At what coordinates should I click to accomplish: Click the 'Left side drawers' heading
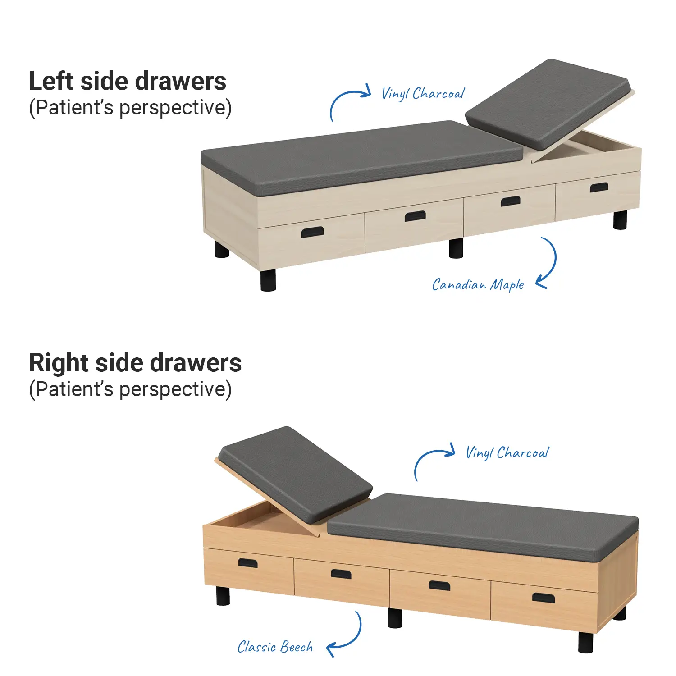(128, 81)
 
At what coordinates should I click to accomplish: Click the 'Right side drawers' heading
(135, 363)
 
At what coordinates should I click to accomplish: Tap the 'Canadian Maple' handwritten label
(478, 285)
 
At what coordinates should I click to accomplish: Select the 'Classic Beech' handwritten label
(275, 647)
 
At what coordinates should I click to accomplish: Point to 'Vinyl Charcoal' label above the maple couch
(423, 94)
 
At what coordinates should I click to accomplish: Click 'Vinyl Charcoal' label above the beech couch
(507, 452)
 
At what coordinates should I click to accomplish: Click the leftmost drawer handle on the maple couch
(312, 232)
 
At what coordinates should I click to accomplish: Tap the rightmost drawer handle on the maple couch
(599, 187)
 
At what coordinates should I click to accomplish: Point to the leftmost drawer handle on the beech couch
(248, 563)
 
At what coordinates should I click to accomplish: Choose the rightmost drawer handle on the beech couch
(544, 598)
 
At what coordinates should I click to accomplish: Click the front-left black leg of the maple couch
(268, 280)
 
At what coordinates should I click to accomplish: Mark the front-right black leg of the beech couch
(586, 642)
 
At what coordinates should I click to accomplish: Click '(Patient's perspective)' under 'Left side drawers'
(130, 108)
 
